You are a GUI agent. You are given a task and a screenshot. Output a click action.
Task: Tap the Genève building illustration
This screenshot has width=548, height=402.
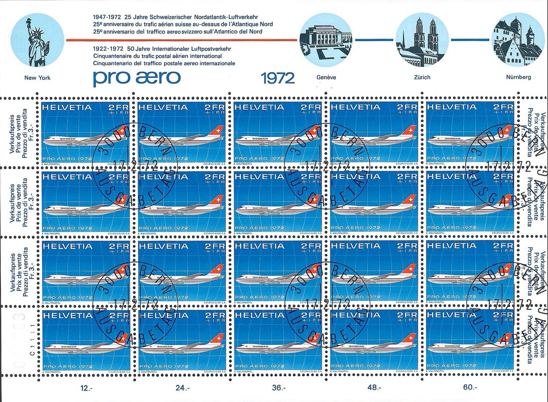coord(326,40)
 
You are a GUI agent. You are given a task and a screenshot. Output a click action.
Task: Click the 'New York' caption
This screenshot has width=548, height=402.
coord(37,78)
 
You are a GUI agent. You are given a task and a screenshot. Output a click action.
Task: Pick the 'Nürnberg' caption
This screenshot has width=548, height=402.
coord(519,77)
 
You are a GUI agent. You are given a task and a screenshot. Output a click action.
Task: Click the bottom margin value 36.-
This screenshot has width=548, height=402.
coord(278,388)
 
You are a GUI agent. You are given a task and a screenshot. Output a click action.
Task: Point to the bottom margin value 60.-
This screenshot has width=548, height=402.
coord(470,388)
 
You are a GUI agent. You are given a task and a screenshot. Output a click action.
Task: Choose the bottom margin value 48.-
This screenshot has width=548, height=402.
coord(374,388)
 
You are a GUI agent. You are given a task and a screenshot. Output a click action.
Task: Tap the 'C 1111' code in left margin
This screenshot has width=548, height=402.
coord(33,343)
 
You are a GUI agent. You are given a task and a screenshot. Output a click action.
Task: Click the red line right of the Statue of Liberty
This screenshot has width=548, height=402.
coord(182,40)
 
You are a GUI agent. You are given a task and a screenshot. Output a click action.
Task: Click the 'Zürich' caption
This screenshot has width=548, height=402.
coord(422,77)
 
